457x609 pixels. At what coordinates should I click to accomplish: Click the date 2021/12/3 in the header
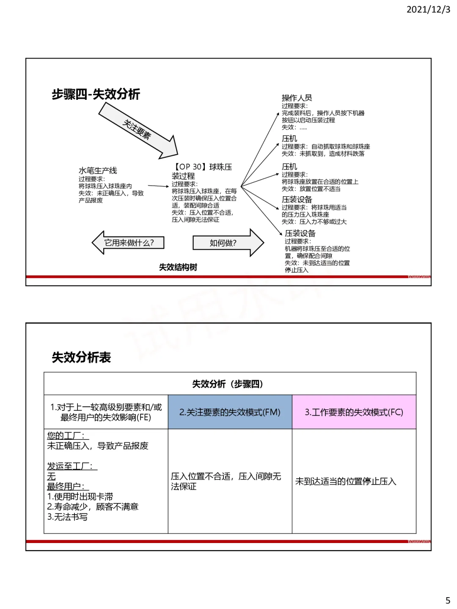click(x=428, y=9)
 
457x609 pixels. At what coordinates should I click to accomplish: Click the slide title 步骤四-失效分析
click(x=96, y=94)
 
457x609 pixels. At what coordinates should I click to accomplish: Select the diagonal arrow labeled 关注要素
click(x=138, y=130)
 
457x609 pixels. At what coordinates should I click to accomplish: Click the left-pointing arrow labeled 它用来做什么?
click(x=128, y=242)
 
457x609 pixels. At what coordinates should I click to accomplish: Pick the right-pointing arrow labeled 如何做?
click(x=228, y=243)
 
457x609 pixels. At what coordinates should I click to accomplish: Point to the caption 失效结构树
click(x=178, y=267)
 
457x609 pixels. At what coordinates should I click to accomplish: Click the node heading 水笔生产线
click(x=98, y=170)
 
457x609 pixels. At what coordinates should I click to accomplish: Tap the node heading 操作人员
click(x=297, y=98)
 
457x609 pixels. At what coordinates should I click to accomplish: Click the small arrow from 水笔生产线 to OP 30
click(x=158, y=186)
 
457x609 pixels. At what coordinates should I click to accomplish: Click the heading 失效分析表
click(x=81, y=357)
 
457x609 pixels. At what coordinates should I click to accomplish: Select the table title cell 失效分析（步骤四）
click(x=230, y=384)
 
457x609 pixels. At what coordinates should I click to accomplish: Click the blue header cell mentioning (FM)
click(x=230, y=412)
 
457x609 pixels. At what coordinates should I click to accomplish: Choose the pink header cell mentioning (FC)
click(x=354, y=412)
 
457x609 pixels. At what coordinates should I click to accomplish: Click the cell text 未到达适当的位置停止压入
click(x=346, y=481)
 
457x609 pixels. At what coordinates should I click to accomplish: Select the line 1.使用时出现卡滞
click(x=80, y=497)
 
